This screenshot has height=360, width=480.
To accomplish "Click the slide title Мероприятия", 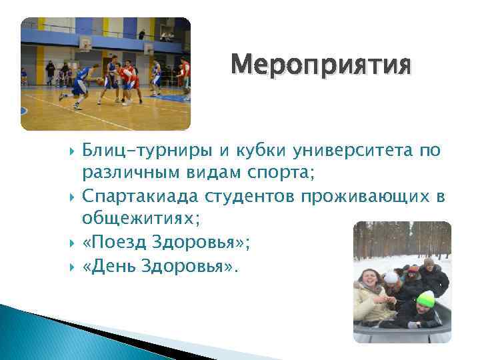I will (321, 67).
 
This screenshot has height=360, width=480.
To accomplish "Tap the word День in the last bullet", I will (117, 267).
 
